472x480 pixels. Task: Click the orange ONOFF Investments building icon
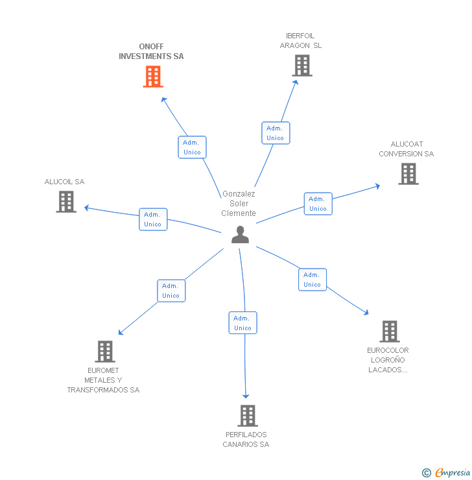(152, 77)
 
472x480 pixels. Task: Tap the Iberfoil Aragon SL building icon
(301, 66)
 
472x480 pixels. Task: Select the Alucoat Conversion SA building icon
(408, 174)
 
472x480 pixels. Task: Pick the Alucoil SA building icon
(66, 202)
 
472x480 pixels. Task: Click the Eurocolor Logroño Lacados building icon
(389, 331)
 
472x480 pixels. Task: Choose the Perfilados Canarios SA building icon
(247, 416)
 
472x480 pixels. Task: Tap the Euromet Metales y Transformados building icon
(105, 352)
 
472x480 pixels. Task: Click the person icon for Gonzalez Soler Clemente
(240, 235)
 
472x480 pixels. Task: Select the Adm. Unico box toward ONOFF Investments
(192, 147)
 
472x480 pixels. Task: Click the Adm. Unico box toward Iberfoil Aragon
(276, 133)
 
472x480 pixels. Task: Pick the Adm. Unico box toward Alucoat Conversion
(318, 204)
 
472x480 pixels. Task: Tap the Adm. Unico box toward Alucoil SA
(153, 219)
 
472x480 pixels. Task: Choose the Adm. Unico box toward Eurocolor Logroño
(312, 280)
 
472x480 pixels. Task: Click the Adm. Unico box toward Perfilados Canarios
(242, 323)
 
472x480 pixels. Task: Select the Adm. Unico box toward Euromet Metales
(171, 291)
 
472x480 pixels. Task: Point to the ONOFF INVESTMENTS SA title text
(151, 51)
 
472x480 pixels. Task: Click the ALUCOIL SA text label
(64, 182)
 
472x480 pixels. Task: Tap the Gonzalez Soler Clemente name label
(239, 203)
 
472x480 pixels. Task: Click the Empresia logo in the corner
(447, 473)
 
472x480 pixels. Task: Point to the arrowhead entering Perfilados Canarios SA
(246, 396)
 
